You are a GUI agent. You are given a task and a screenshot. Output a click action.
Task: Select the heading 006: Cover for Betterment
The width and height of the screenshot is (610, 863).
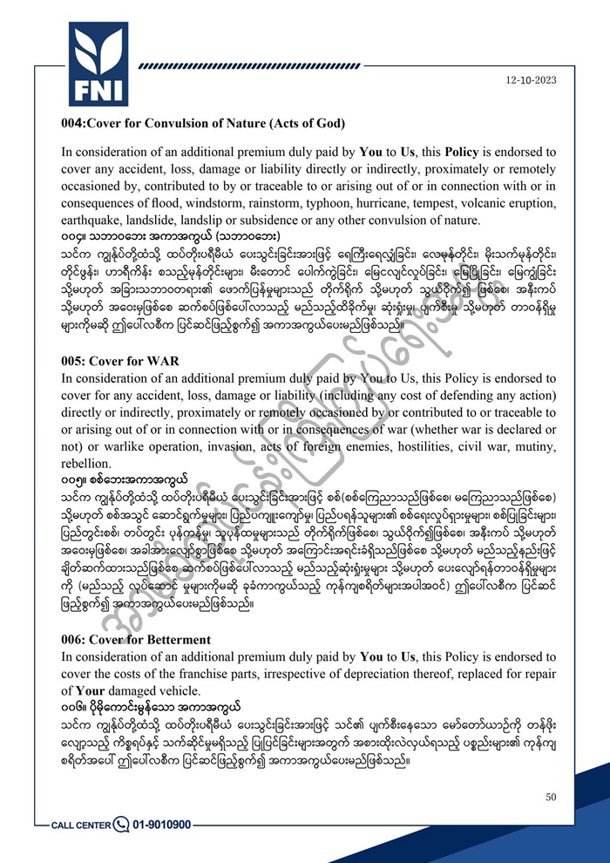click(x=136, y=639)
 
